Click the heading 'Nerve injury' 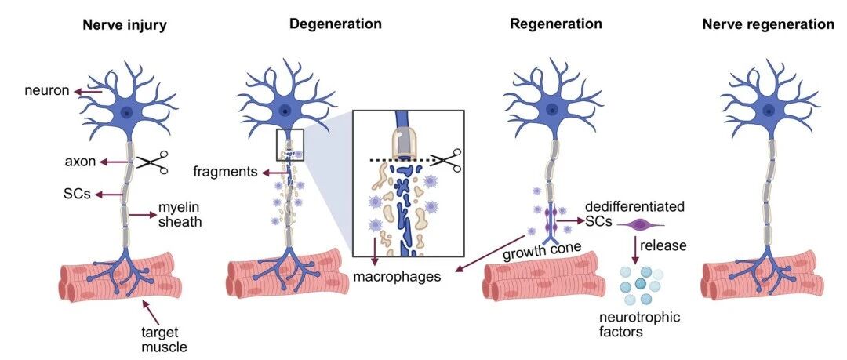click(x=124, y=25)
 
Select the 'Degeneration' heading click(x=336, y=24)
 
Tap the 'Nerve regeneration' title click(x=768, y=24)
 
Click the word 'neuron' click(x=47, y=90)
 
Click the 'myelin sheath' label click(x=180, y=215)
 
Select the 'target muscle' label click(x=160, y=340)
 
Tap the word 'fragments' click(x=225, y=173)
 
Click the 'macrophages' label click(x=397, y=277)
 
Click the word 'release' click(x=663, y=245)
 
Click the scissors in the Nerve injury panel click(x=152, y=162)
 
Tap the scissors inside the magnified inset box click(x=446, y=161)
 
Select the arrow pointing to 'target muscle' click(x=149, y=311)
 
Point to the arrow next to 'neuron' click(x=88, y=92)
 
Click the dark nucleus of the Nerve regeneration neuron click(x=768, y=111)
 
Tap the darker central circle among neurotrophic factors click(x=640, y=283)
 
